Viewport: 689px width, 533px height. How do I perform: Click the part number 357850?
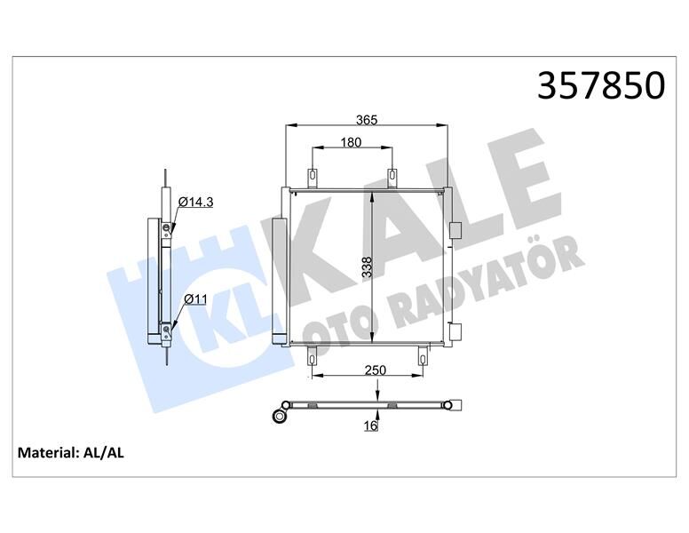602,85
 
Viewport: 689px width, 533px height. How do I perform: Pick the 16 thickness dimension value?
371,427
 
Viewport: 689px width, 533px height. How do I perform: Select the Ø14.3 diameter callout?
195,203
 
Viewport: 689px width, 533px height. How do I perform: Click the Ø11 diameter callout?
194,300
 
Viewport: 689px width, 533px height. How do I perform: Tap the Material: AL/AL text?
71,453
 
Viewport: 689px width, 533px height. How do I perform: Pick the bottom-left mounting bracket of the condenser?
313,356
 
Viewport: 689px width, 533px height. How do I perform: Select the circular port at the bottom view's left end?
282,415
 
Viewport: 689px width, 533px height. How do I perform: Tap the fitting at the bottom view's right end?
455,408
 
